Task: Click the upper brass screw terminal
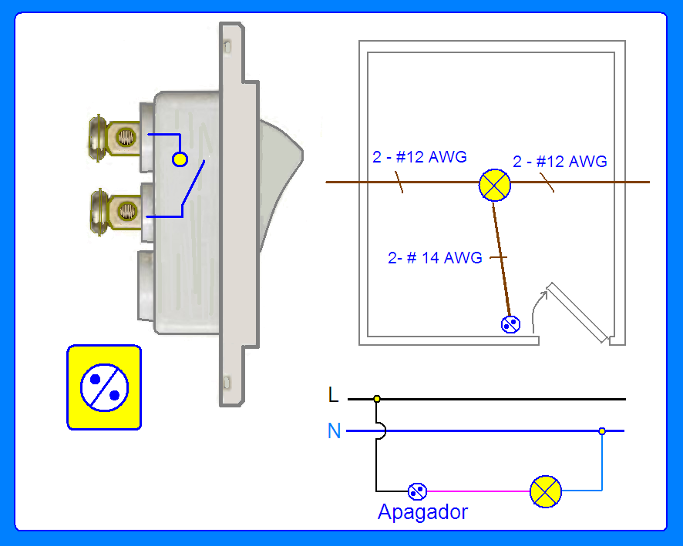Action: [x=115, y=139]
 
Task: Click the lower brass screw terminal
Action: [x=116, y=212]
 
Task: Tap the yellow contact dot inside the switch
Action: [x=180, y=159]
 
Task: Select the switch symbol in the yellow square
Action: [x=105, y=387]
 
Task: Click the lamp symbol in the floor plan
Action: [x=494, y=186]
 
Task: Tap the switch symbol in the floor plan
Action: [x=510, y=324]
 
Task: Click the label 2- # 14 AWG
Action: [x=435, y=257]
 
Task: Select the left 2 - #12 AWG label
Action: [x=419, y=156]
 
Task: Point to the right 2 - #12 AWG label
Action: [x=560, y=162]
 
